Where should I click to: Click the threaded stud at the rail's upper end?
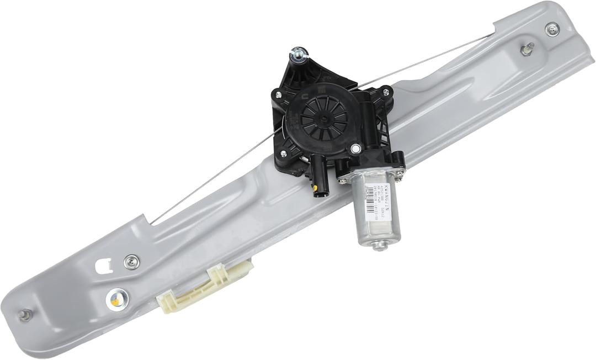526,49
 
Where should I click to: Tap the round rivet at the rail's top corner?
552,29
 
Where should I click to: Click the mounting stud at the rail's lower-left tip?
24,315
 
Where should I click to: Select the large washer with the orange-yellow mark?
116,299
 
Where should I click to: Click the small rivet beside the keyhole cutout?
131,262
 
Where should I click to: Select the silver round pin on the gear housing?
356,148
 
